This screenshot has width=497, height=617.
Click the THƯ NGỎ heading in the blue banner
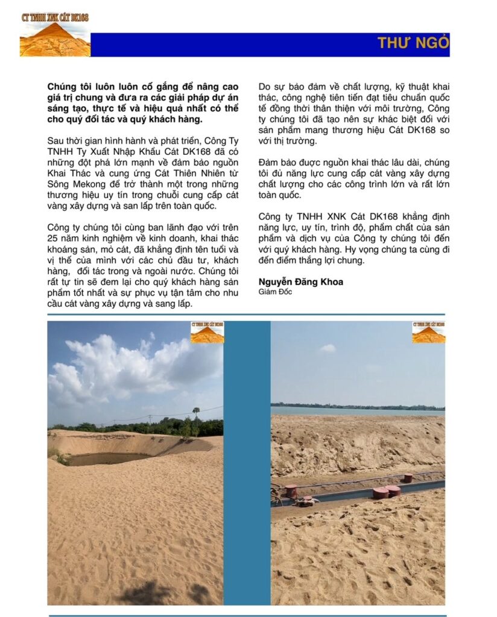[x=413, y=43]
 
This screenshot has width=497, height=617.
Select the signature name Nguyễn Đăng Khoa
[x=300, y=281]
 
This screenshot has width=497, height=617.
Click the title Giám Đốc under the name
[x=275, y=292]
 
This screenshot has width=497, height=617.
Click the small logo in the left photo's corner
[x=207, y=333]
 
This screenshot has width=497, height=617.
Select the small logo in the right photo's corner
[x=428, y=333]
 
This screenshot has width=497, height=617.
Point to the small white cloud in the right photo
[x=327, y=348]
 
